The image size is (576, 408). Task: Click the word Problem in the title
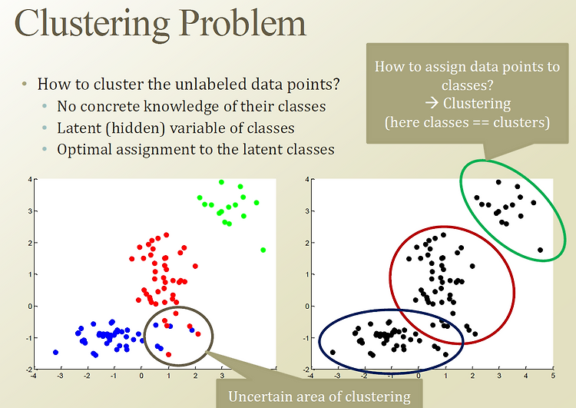[243, 25]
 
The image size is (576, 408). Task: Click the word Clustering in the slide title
[92, 25]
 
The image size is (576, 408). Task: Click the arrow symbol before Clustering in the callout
[432, 103]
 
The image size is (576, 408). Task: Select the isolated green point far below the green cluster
[263, 250]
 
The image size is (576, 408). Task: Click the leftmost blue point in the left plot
[56, 352]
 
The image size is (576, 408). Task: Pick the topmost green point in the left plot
[221, 182]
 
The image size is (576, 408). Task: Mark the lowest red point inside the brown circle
[169, 354]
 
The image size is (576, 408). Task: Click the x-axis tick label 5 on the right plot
[553, 375]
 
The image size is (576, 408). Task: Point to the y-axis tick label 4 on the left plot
[30, 179]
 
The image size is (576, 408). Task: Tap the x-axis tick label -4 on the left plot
[33, 375]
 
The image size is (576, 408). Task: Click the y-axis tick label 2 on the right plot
[307, 243]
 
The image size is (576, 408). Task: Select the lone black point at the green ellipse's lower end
[540, 250]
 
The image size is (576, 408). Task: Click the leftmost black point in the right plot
[333, 352]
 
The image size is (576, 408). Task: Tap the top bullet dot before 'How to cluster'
[25, 84]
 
